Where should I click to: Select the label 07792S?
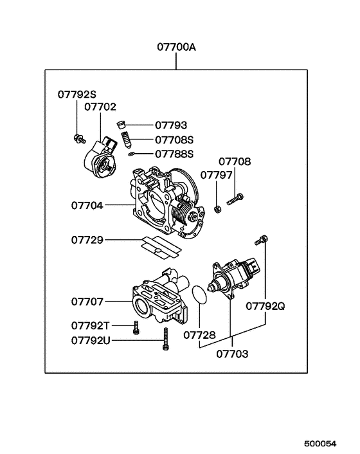pyautogui.click(x=76, y=95)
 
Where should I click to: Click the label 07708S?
pyautogui.click(x=174, y=140)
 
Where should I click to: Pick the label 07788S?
pyautogui.click(x=174, y=154)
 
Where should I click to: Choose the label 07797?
pyautogui.click(x=216, y=174)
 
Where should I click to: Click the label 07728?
pyautogui.click(x=199, y=335)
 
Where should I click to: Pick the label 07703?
pyautogui.click(x=233, y=354)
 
